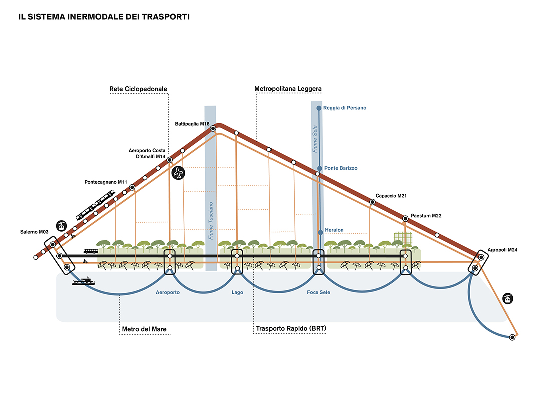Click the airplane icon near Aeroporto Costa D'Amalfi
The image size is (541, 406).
[x=178, y=173]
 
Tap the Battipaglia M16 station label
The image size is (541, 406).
[x=192, y=124]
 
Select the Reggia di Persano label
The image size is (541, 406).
[x=345, y=108]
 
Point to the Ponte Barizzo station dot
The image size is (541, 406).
[x=320, y=168]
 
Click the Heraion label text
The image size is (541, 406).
[x=334, y=230]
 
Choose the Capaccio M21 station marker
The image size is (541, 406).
[x=372, y=202]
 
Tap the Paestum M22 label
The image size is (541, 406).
[x=426, y=216]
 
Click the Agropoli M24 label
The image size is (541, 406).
[x=503, y=250]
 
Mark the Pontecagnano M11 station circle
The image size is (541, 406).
[x=132, y=188]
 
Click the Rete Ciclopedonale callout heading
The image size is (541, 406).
[x=138, y=89]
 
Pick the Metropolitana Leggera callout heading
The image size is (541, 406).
[x=288, y=89]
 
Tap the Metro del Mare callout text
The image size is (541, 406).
[x=144, y=329]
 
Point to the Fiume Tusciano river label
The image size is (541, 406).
[x=211, y=220]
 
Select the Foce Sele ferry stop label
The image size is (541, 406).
[x=318, y=292]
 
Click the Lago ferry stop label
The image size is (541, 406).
[x=237, y=292]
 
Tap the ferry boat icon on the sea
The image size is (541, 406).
[x=84, y=281]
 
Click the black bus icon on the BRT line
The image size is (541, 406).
[x=91, y=251]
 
